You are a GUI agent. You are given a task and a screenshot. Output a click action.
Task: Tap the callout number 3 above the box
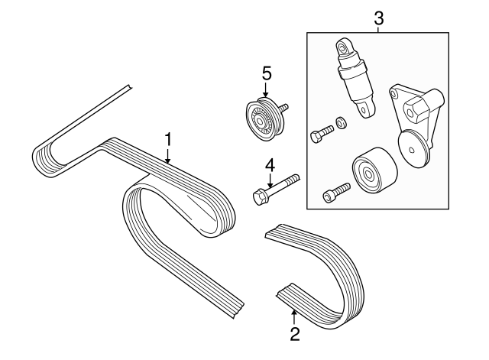coord(377,17)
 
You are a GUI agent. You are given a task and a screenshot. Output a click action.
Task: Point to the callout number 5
coord(267,73)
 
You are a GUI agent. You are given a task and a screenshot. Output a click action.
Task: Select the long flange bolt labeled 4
coord(275,189)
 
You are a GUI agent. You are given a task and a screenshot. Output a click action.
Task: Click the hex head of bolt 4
coord(258,197)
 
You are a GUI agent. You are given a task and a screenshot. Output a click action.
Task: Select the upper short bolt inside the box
coord(321,135)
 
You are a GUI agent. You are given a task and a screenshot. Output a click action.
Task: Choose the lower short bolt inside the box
coord(336,192)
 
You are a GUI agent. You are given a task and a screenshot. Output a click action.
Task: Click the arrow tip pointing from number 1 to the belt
coord(168,163)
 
